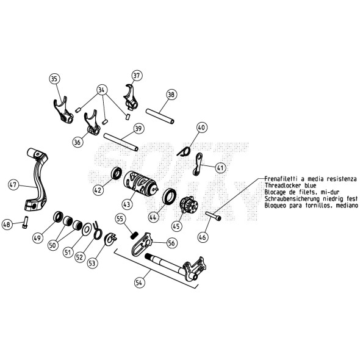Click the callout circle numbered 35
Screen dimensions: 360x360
point(54,79)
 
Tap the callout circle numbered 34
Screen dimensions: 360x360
point(101,90)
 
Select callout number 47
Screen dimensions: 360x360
point(13,184)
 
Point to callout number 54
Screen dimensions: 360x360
point(139,283)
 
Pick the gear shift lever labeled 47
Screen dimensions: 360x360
point(37,179)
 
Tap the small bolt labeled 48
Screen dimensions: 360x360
point(25,222)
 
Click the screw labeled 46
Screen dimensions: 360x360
point(214,216)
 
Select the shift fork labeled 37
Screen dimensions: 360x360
point(131,98)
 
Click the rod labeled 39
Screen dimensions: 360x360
point(121,142)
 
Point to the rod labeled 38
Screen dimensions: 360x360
point(160,116)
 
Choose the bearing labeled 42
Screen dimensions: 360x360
point(117,173)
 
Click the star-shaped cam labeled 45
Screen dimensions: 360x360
point(189,204)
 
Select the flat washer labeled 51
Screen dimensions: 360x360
point(87,229)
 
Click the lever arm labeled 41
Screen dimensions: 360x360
point(198,164)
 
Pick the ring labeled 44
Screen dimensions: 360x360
point(170,196)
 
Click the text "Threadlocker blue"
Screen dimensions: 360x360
point(290,185)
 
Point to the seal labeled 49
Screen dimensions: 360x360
point(58,217)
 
